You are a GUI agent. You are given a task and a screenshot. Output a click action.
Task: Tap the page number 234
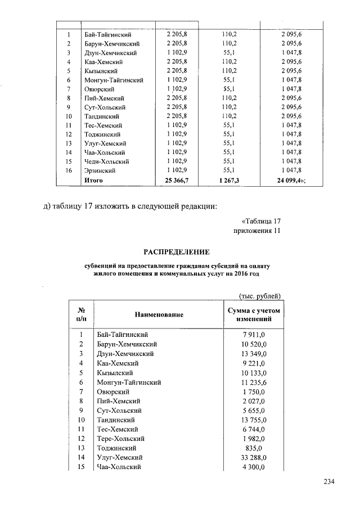(330, 481)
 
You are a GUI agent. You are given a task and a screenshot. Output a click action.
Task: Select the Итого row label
(93, 179)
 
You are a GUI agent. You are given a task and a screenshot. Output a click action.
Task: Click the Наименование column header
(159, 314)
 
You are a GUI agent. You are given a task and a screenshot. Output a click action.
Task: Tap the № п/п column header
(80, 314)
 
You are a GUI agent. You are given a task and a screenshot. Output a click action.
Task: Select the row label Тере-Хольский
(121, 438)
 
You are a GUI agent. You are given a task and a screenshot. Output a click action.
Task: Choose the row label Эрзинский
(100, 170)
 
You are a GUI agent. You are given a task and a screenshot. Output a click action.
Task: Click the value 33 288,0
(254, 457)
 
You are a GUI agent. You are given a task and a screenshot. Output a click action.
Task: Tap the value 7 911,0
(255, 335)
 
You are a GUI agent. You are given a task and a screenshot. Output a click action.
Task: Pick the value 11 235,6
(254, 382)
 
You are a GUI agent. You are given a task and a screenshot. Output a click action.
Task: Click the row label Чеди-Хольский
(106, 161)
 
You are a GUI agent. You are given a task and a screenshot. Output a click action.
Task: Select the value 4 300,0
(255, 467)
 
